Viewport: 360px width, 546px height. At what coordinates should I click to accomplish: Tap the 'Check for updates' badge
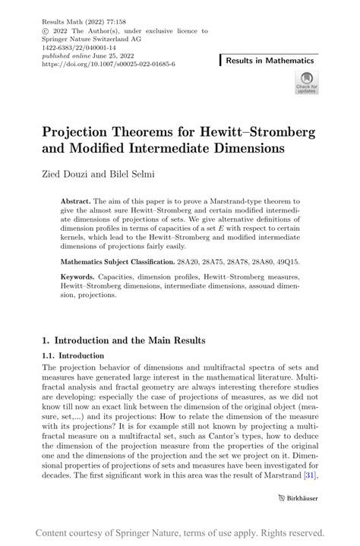pyautogui.click(x=306, y=83)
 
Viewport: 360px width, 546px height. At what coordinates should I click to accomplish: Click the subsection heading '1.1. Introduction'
pyautogui.click(x=75, y=355)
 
